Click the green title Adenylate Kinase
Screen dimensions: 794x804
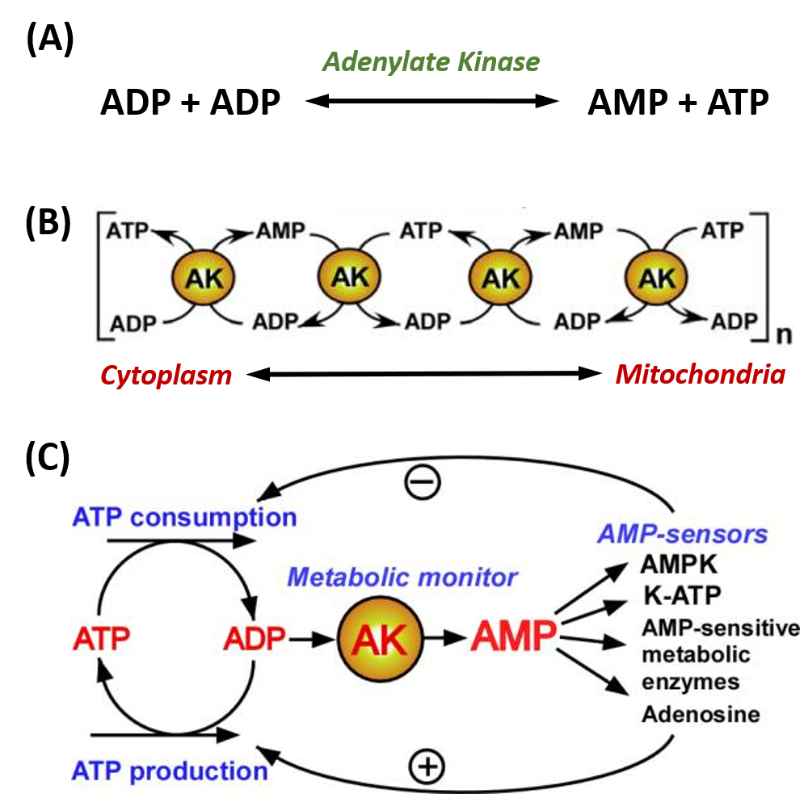coord(431,62)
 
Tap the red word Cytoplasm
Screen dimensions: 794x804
coord(166,375)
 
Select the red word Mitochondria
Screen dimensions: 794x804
coord(700,375)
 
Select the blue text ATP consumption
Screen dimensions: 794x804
coord(184,517)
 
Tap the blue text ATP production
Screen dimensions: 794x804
coord(170,771)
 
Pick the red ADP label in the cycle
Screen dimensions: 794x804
coord(255,641)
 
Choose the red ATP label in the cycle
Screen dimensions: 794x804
coord(101,641)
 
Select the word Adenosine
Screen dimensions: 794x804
coord(701,715)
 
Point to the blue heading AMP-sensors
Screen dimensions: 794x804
coord(683,534)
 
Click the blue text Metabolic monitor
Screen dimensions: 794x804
coord(402,578)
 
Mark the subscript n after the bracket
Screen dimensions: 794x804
coord(783,334)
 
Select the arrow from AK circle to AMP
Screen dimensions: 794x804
coord(444,639)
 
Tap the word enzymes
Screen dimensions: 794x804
coord(691,683)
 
